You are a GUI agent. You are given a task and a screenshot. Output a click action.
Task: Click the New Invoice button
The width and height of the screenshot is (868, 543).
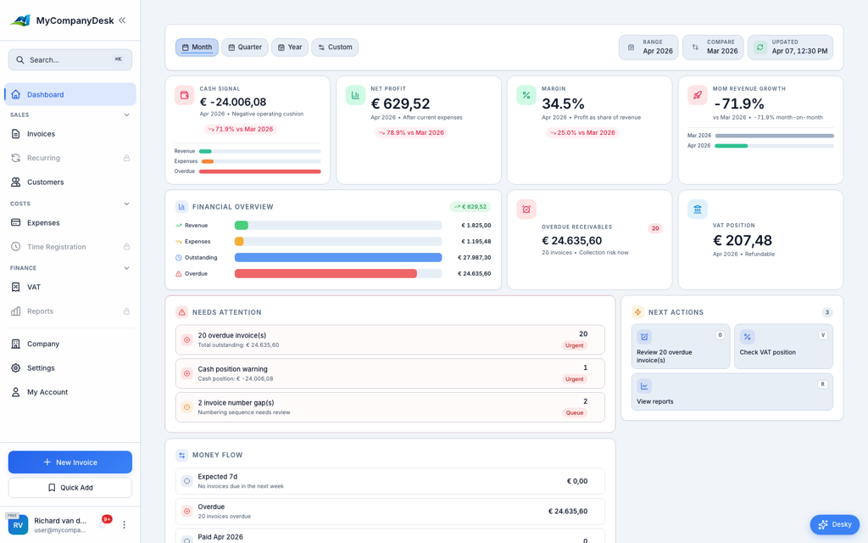pyautogui.click(x=70, y=462)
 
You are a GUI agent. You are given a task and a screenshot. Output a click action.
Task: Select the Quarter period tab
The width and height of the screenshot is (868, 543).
pyautogui.click(x=245, y=48)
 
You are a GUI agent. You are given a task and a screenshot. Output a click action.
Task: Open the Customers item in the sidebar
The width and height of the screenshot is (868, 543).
pyautogui.click(x=45, y=182)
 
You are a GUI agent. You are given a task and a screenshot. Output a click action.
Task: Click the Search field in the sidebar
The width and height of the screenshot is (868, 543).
pyautogui.click(x=70, y=60)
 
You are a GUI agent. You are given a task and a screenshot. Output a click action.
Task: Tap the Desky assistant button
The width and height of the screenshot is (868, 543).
pyautogui.click(x=834, y=524)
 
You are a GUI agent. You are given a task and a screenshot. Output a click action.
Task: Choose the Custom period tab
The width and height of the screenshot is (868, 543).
pyautogui.click(x=335, y=48)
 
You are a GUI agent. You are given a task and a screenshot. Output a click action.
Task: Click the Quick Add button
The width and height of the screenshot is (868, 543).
pyautogui.click(x=70, y=488)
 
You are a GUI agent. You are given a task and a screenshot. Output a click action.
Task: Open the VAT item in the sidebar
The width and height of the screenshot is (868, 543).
pyautogui.click(x=34, y=288)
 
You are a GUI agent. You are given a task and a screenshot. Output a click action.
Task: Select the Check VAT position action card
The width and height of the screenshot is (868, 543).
pyautogui.click(x=783, y=346)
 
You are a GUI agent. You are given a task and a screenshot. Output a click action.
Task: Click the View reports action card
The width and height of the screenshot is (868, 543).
pyautogui.click(x=732, y=393)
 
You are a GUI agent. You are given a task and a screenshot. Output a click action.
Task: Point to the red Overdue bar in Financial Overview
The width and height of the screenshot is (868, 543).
pyautogui.click(x=325, y=274)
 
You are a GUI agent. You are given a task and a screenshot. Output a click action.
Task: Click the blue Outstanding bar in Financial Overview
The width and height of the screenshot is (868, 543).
pyautogui.click(x=338, y=258)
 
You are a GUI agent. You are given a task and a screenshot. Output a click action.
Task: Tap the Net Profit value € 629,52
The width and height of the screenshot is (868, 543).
pyautogui.click(x=401, y=104)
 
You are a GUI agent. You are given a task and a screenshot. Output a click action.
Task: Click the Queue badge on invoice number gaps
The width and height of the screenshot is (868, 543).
pyautogui.click(x=575, y=413)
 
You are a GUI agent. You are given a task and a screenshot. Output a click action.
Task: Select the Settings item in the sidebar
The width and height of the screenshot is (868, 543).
pyautogui.click(x=41, y=368)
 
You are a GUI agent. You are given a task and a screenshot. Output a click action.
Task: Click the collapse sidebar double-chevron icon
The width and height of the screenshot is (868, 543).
pyautogui.click(x=122, y=20)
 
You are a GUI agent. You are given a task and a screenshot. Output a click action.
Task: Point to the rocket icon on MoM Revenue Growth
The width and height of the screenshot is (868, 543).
pyautogui.click(x=697, y=95)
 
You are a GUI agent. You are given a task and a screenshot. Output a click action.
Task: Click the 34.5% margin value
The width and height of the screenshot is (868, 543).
pyautogui.click(x=563, y=104)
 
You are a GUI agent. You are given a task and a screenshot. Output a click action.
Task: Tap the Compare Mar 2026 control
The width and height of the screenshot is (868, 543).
pyautogui.click(x=713, y=48)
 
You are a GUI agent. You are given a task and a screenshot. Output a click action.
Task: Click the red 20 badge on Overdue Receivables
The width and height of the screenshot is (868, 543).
pyautogui.click(x=654, y=228)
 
